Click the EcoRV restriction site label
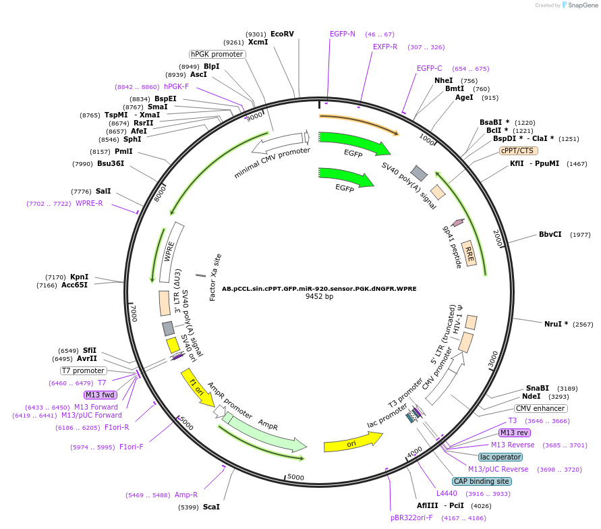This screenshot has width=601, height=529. coord(282,34)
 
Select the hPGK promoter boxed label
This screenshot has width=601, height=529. coord(217,54)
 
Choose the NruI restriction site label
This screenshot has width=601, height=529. coord(556,324)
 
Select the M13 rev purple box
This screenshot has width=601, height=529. coord(514,433)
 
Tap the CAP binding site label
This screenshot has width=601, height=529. coord(482,481)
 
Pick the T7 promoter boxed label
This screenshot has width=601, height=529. coord(84,370)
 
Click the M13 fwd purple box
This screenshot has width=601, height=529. coord(101,395)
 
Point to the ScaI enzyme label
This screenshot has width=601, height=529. coord(211,507)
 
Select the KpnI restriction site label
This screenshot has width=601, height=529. coord(79,277)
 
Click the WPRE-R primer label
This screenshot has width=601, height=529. coord(89,203)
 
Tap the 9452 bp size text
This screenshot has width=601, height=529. coord(319,296)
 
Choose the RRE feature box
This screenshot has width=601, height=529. coord(469,253)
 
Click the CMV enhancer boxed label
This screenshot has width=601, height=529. coord(541,408)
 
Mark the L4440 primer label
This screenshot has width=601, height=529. coord(447,493)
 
